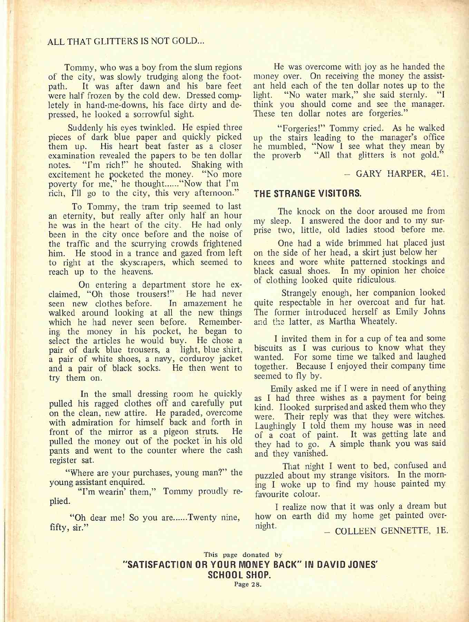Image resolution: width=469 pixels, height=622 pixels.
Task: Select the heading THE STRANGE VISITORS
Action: (307, 194)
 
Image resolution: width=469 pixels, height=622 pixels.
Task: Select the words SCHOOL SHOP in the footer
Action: (239, 575)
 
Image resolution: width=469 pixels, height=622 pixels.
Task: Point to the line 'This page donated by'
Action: (243, 555)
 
